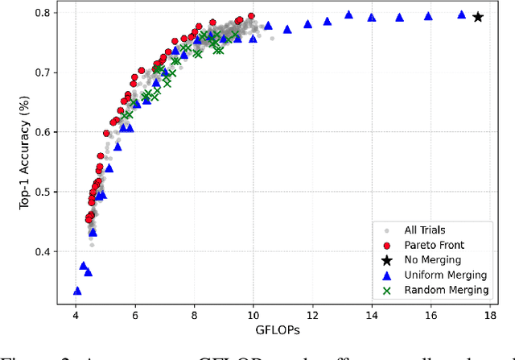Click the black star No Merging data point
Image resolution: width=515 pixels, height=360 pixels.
[478, 17]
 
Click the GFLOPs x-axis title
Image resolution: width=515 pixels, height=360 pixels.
[282, 330]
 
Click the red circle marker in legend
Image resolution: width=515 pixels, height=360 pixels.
[387, 245]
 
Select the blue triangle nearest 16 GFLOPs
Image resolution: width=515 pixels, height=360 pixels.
[428, 16]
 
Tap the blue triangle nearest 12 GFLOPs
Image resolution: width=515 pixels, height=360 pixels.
[308, 24]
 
